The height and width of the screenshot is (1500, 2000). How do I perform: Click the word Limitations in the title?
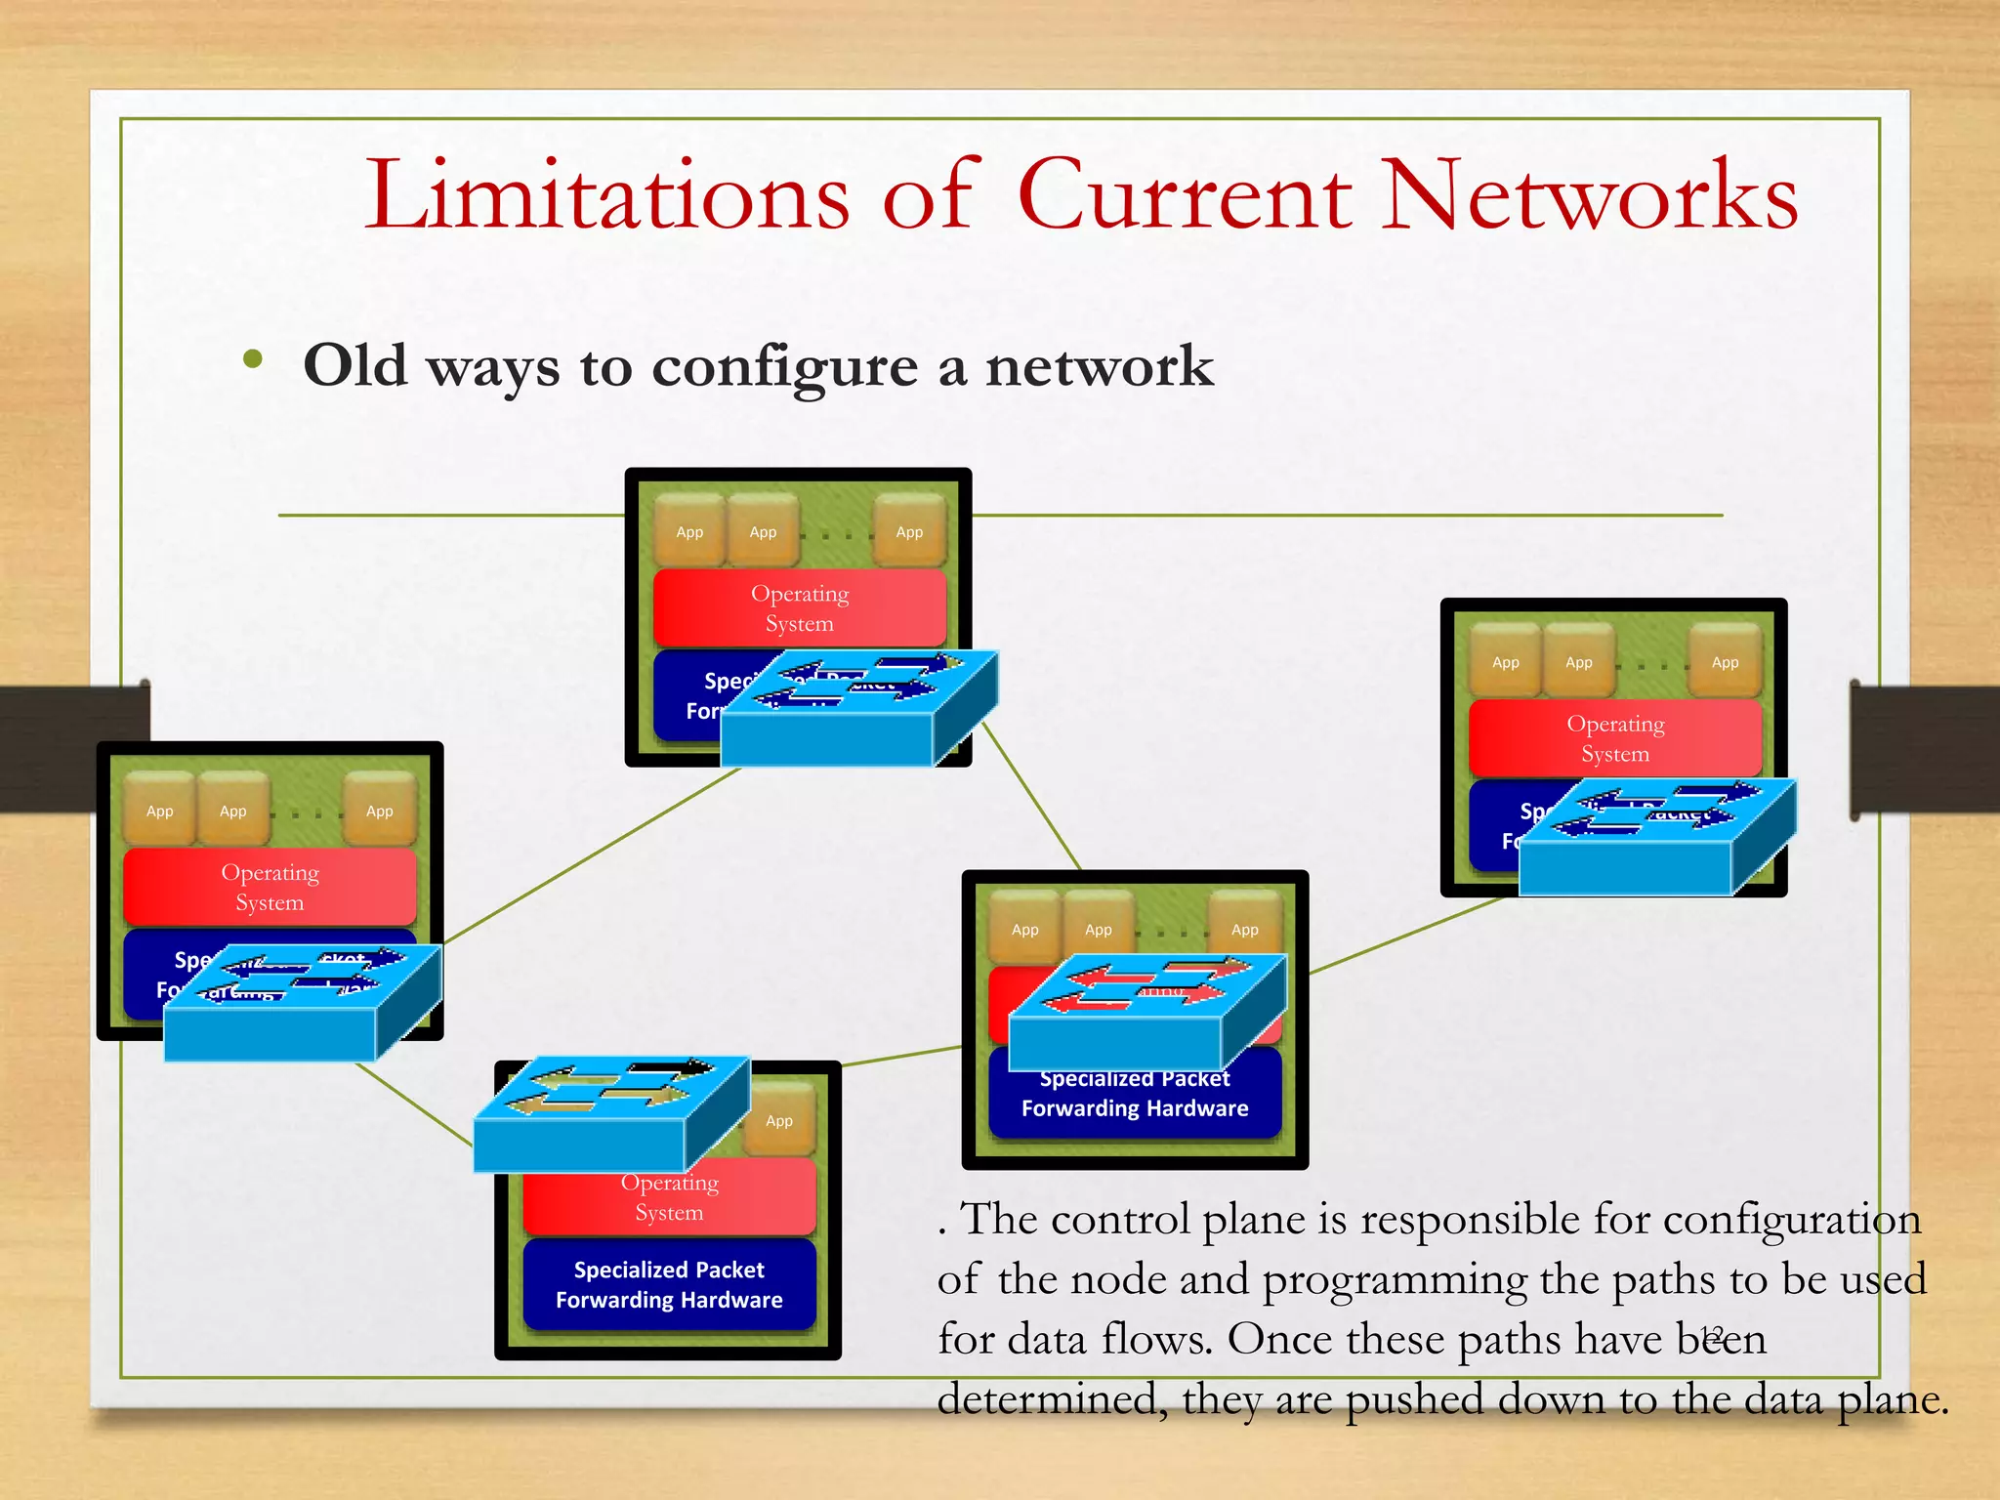[606, 195]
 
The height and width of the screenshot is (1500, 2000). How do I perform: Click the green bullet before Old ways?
[253, 359]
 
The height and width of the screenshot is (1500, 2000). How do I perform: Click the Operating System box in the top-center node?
[799, 607]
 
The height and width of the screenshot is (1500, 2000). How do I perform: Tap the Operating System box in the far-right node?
[1614, 737]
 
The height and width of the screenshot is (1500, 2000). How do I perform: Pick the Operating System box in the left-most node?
[270, 886]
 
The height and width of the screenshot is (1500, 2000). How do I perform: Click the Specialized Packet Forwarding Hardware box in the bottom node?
[669, 1284]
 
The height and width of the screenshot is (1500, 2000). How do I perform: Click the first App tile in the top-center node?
[689, 531]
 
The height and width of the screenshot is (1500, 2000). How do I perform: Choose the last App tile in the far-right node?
[1725, 661]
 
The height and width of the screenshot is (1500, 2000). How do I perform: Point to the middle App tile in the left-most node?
[232, 810]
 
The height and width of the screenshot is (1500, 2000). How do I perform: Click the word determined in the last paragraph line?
[1051, 1399]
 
